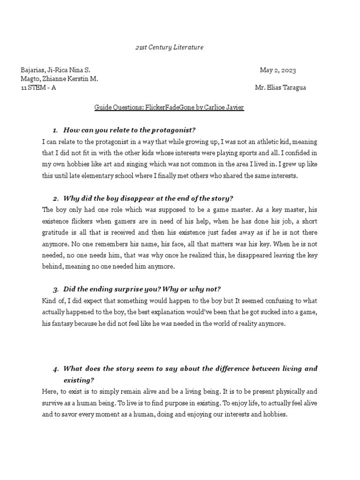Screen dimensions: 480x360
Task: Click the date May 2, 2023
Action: coord(278,70)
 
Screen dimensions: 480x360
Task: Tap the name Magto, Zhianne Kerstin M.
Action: coord(60,79)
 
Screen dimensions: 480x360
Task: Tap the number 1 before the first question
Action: coord(55,130)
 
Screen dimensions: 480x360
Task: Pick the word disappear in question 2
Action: coord(134,199)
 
